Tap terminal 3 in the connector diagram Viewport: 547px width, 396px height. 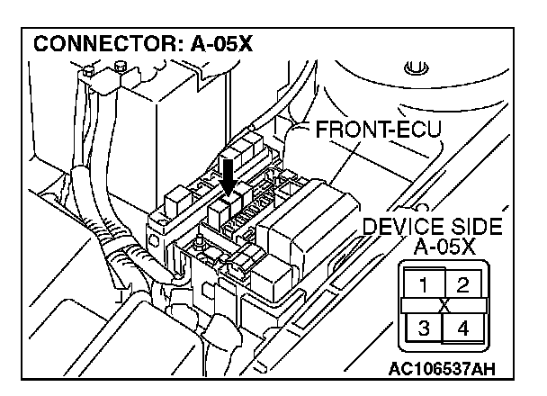coord(423,327)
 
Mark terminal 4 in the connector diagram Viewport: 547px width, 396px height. coord(462,327)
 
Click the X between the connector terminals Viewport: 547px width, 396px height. coord(443,307)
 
